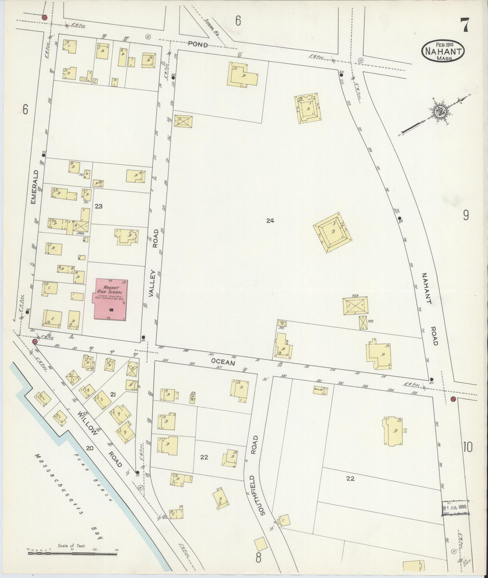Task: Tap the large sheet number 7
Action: point(465,25)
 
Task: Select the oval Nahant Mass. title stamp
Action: point(443,51)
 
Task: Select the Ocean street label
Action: point(223,362)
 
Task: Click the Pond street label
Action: point(198,45)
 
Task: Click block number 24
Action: point(270,221)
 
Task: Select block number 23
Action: point(99,206)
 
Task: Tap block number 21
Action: point(113,394)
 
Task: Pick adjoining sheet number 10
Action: point(467,447)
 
